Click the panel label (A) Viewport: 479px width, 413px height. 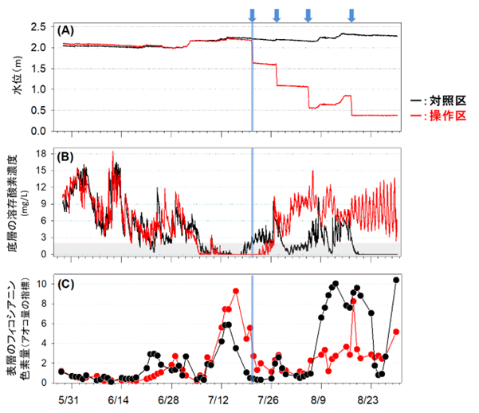(x=65, y=30)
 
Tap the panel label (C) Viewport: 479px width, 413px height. (x=65, y=281)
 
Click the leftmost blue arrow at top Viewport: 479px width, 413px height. (x=252, y=14)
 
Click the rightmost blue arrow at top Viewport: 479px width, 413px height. (x=352, y=14)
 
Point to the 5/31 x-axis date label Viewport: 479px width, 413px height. (x=67, y=396)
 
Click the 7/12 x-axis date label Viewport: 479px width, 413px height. (x=218, y=396)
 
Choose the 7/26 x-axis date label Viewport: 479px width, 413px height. (x=269, y=396)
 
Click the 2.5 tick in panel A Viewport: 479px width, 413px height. (x=41, y=27)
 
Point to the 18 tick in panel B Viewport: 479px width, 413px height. (x=44, y=150)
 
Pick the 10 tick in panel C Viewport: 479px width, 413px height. (x=44, y=283)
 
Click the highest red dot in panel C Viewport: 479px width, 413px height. (x=236, y=291)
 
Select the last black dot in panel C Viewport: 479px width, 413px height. (x=396, y=279)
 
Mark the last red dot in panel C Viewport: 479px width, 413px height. (x=396, y=332)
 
